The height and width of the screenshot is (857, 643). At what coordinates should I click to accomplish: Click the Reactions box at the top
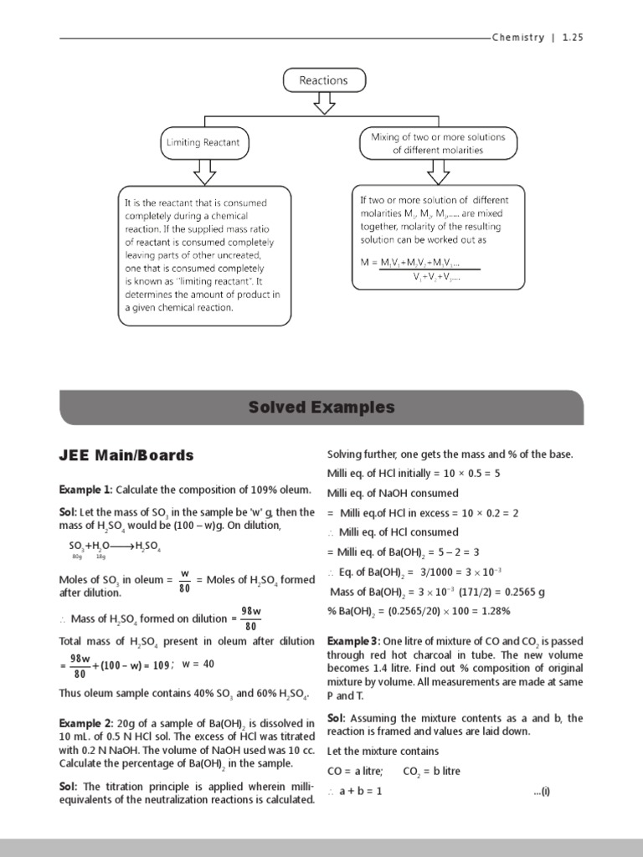pyautogui.click(x=323, y=80)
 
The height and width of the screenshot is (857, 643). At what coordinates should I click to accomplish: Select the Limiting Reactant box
pyautogui.click(x=203, y=142)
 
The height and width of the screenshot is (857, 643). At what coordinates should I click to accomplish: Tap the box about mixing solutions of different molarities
pyautogui.click(x=438, y=143)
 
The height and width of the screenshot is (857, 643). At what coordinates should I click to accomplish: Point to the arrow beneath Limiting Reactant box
pyautogui.click(x=204, y=171)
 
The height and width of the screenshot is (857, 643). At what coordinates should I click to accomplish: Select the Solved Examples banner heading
pyautogui.click(x=321, y=408)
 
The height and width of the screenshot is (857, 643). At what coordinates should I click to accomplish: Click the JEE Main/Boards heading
pyautogui.click(x=126, y=455)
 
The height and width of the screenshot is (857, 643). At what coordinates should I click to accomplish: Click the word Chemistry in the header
pyautogui.click(x=518, y=38)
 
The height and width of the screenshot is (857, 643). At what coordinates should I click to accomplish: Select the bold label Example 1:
pyautogui.click(x=85, y=490)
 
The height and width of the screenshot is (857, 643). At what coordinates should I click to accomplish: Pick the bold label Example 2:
pyautogui.click(x=85, y=722)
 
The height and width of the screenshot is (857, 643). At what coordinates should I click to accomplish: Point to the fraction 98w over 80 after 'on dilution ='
pyautogui.click(x=251, y=618)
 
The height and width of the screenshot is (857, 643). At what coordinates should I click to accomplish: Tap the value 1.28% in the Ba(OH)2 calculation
pyautogui.click(x=492, y=611)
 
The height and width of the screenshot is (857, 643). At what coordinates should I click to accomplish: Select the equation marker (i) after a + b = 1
pyautogui.click(x=544, y=791)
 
